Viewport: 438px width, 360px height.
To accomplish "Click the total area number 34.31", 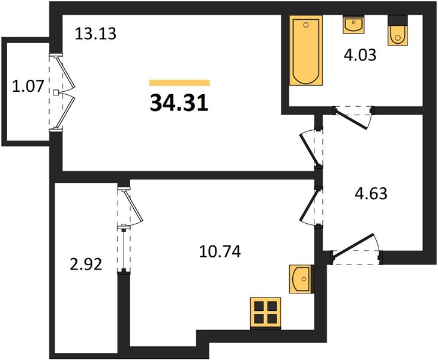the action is tap(179, 103).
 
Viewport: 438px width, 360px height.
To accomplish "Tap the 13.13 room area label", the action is tap(95, 34).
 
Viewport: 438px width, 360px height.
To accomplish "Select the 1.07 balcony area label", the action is tap(28, 86).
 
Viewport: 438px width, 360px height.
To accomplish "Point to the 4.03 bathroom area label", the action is tap(360, 55).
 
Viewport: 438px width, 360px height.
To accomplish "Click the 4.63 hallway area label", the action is tap(371, 193).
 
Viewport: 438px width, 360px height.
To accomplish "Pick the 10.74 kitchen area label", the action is tap(220, 251).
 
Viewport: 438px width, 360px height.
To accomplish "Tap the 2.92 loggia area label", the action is tap(86, 264).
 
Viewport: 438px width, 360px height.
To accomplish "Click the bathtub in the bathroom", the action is tap(306, 50).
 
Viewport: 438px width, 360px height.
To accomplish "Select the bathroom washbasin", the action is tap(353, 25).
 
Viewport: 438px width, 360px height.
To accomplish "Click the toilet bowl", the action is tap(398, 35).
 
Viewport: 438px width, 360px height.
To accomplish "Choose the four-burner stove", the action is tap(265, 313).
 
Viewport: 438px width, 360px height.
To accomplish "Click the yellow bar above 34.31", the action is tap(179, 83).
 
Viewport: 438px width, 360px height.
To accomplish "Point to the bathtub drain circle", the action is tap(306, 25).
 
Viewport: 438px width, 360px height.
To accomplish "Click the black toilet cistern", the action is tap(398, 20).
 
